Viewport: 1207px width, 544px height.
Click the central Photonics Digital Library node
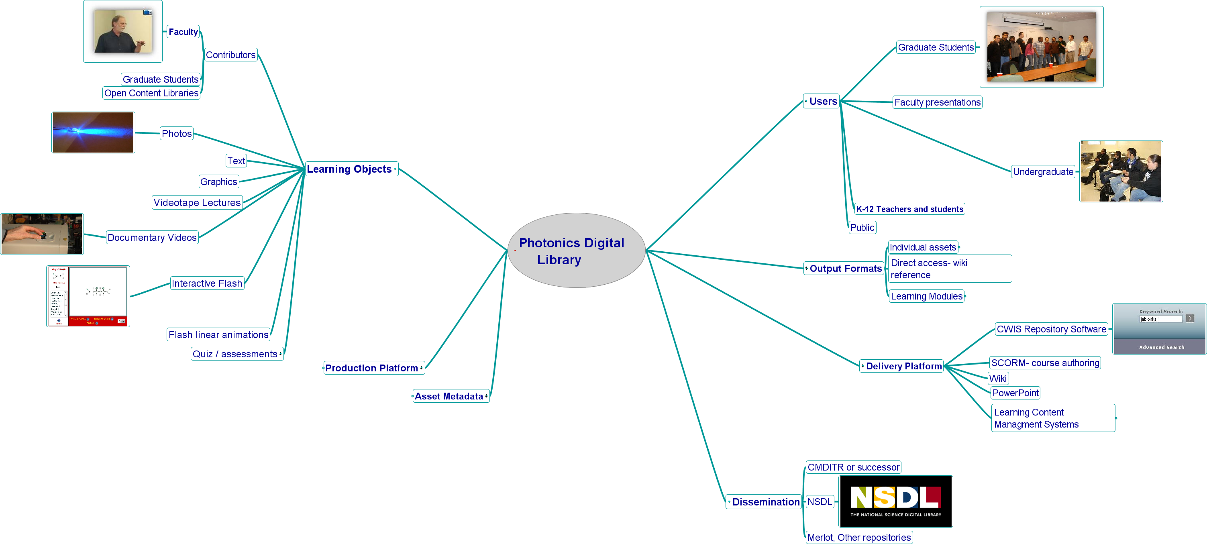(576, 251)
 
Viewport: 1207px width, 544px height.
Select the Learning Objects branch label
(350, 169)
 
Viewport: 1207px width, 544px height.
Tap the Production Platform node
(372, 368)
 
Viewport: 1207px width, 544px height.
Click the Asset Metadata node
(449, 396)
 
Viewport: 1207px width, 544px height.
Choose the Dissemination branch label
(766, 502)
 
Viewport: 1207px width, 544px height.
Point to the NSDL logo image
(895, 501)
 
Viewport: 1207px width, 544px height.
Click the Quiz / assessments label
(235, 354)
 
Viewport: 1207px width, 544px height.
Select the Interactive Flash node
(207, 283)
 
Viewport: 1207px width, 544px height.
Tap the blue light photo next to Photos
(93, 132)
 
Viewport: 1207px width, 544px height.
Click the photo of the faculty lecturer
(123, 31)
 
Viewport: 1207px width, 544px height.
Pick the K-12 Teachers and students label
(909, 209)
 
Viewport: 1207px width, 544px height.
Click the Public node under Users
(862, 228)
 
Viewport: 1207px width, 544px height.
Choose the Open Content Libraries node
(151, 93)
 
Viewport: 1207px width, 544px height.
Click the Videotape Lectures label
(197, 203)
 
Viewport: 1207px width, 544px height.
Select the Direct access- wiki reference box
(950, 269)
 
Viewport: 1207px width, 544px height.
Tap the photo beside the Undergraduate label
(1120, 171)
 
